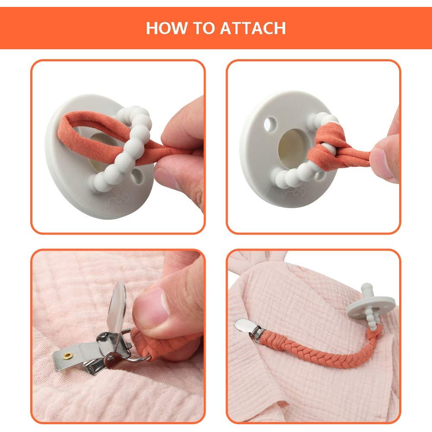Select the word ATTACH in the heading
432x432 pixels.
(x=253, y=28)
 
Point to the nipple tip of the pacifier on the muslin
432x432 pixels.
(x=367, y=286)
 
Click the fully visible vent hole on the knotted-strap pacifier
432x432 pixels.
(x=270, y=124)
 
